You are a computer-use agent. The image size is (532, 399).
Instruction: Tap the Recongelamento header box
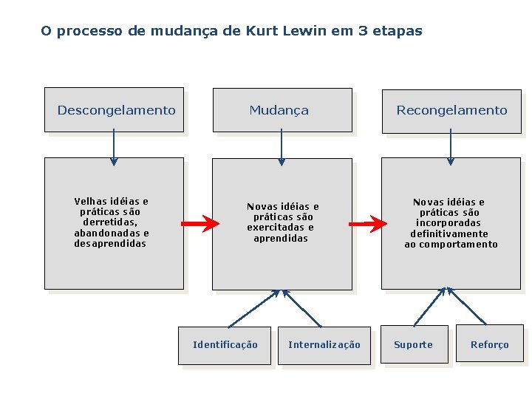click(451, 110)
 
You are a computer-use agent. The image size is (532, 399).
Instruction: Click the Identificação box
click(225, 345)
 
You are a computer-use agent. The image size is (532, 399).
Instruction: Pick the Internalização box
click(324, 345)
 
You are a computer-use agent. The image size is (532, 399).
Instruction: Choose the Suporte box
click(414, 344)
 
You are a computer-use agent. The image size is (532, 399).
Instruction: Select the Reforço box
click(489, 344)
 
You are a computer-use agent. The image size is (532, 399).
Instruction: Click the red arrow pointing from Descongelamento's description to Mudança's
click(200, 223)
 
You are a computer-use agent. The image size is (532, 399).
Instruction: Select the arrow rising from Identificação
click(253, 309)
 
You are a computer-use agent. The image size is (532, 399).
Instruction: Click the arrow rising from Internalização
click(302, 308)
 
